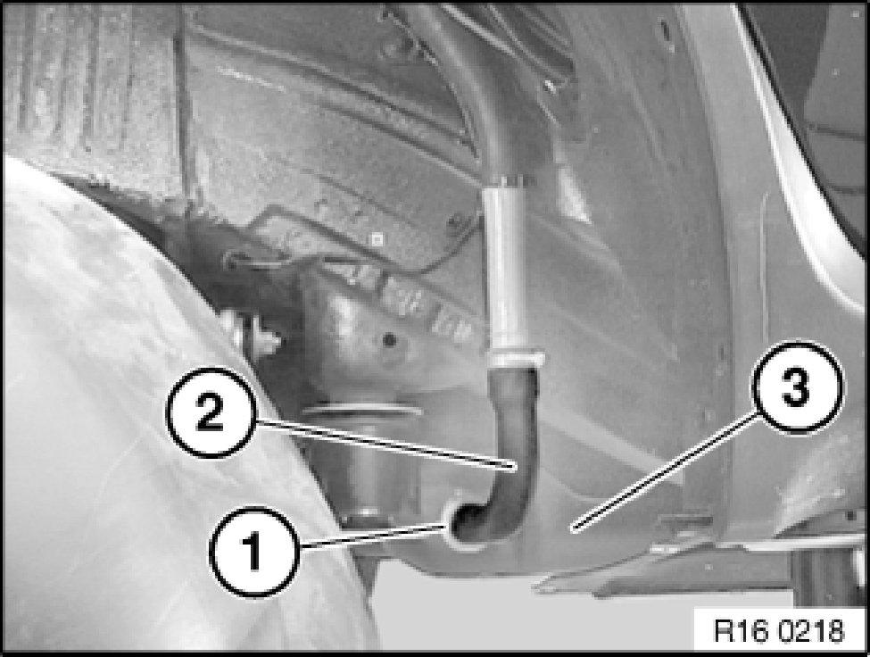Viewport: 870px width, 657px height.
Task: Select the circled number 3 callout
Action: click(x=796, y=387)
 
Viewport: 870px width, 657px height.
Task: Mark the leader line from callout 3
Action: click(x=665, y=474)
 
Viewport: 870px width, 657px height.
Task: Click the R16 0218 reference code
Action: click(x=778, y=631)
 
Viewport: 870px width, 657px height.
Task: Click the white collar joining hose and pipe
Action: click(x=513, y=360)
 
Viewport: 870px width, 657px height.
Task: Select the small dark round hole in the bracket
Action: click(x=390, y=339)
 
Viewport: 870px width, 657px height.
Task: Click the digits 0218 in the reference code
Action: click(x=809, y=631)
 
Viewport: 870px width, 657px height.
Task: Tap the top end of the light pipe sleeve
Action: click(x=506, y=180)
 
